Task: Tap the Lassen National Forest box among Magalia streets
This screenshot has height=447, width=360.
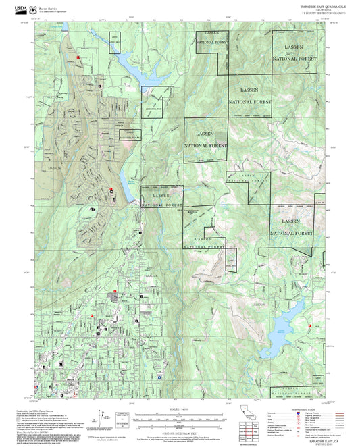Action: pyautogui.click(x=130, y=134)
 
